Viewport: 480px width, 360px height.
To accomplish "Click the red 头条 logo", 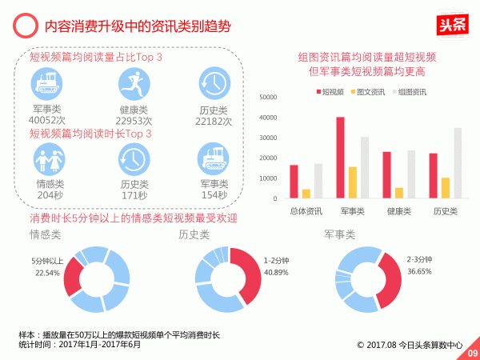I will pos(454,25).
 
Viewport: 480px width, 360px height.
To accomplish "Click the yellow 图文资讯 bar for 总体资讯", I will pos(306,194).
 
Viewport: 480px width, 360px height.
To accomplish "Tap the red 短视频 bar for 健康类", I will pos(387,175).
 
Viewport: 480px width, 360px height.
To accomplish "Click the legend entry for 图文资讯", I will pos(368,92).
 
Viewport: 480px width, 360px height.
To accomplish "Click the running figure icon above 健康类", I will pos(131,84).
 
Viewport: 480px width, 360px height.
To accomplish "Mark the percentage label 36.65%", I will pos(419,271).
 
